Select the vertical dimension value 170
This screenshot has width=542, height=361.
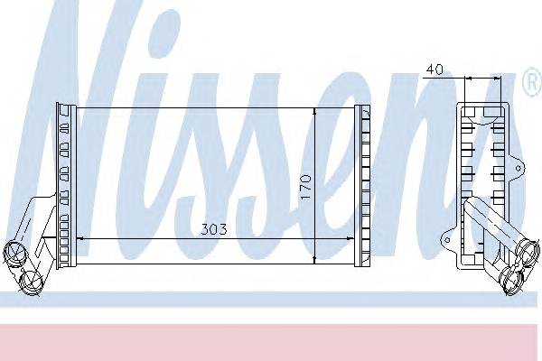click(x=305, y=187)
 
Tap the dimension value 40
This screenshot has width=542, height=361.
click(x=434, y=68)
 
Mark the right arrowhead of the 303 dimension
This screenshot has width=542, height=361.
click(x=357, y=238)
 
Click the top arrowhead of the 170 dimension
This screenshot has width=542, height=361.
click(x=313, y=111)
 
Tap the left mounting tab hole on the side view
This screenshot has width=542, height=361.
click(x=446, y=239)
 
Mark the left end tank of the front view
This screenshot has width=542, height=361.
click(x=66, y=185)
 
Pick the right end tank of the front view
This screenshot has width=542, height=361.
click(x=364, y=185)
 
